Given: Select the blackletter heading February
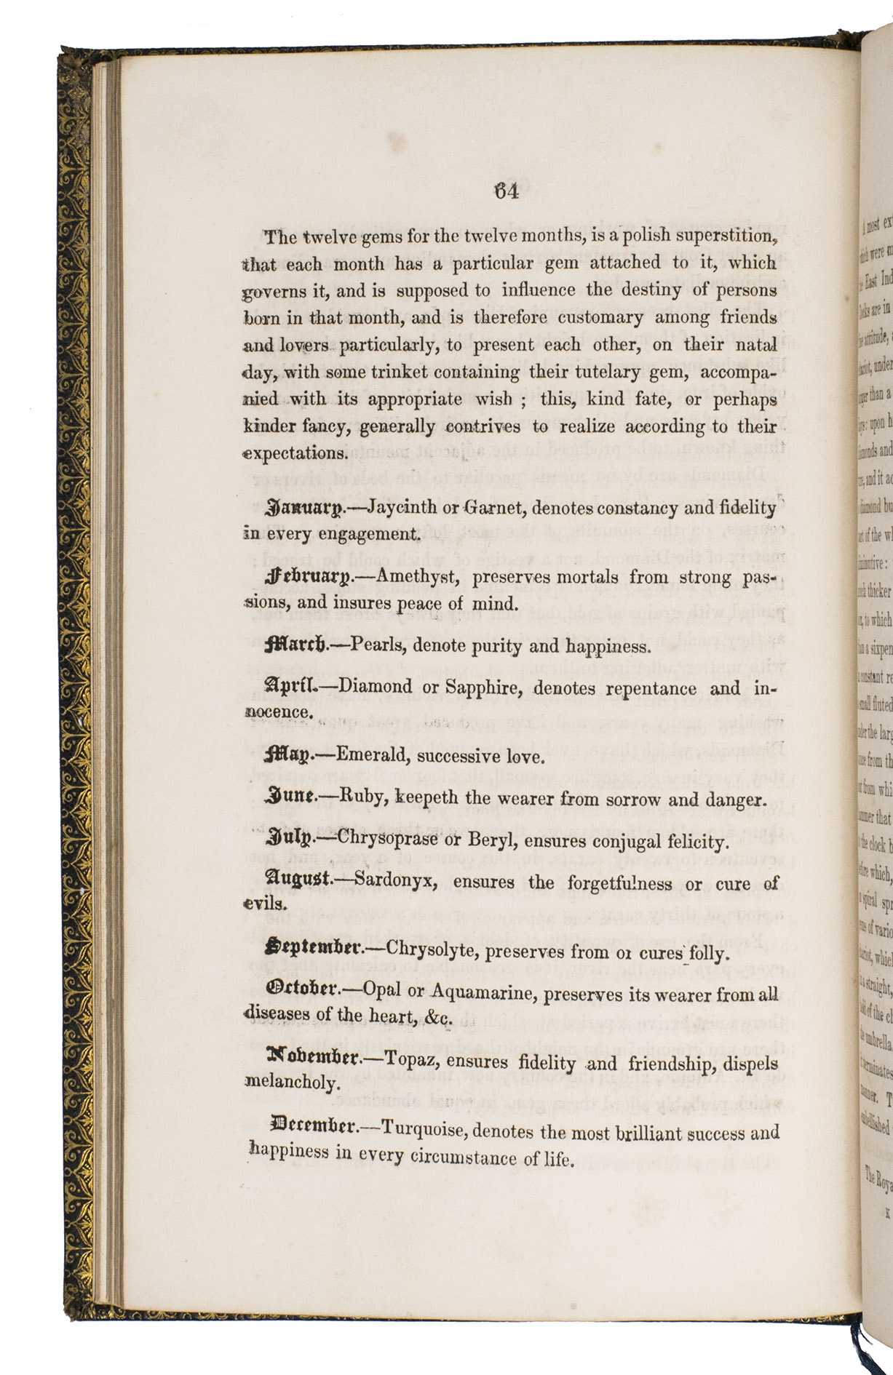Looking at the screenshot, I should click(x=309, y=578).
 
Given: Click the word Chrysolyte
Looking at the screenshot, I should click(x=431, y=949).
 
